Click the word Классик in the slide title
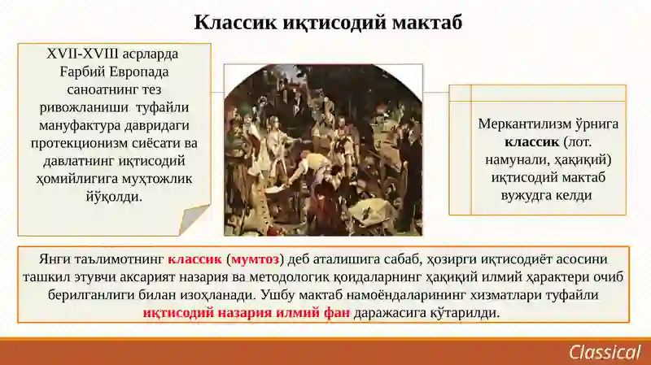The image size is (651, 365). point(235,23)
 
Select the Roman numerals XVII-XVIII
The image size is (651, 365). point(83,54)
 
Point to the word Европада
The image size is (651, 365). point(139,72)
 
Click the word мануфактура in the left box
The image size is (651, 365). point(76,125)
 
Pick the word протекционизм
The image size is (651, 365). point(79,143)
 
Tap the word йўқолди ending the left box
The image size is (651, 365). point(114,196)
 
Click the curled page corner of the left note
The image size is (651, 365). point(194,219)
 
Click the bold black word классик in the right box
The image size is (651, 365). point(532,141)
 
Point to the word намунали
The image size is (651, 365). point(513,159)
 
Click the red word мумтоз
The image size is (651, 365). point(255,259)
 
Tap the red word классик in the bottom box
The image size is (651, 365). point(194,259)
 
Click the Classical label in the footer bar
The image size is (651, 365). point(605,352)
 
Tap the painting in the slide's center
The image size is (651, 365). point(323,150)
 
